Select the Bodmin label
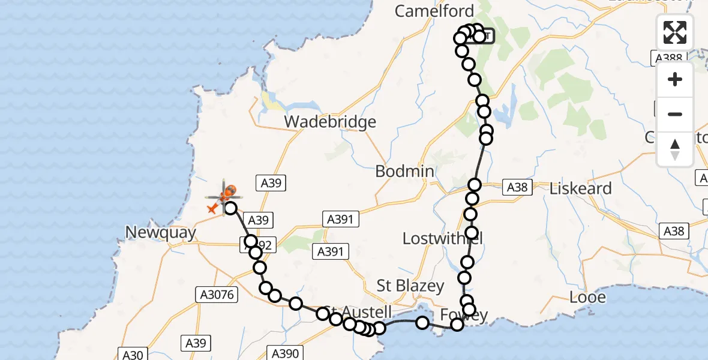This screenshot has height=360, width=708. click(x=404, y=171)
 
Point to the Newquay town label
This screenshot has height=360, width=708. click(x=161, y=233)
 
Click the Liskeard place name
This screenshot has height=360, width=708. click(x=581, y=188)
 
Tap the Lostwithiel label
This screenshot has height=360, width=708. click(x=442, y=238)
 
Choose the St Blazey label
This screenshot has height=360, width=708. click(x=410, y=285)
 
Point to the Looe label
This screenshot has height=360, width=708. click(x=588, y=297)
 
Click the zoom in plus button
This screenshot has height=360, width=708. click(x=675, y=79)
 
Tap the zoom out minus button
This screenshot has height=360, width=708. click(x=675, y=114)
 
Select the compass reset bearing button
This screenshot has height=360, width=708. click(x=675, y=149)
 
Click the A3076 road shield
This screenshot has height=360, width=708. click(x=217, y=295)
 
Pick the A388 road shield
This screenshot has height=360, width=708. click(x=667, y=58)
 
